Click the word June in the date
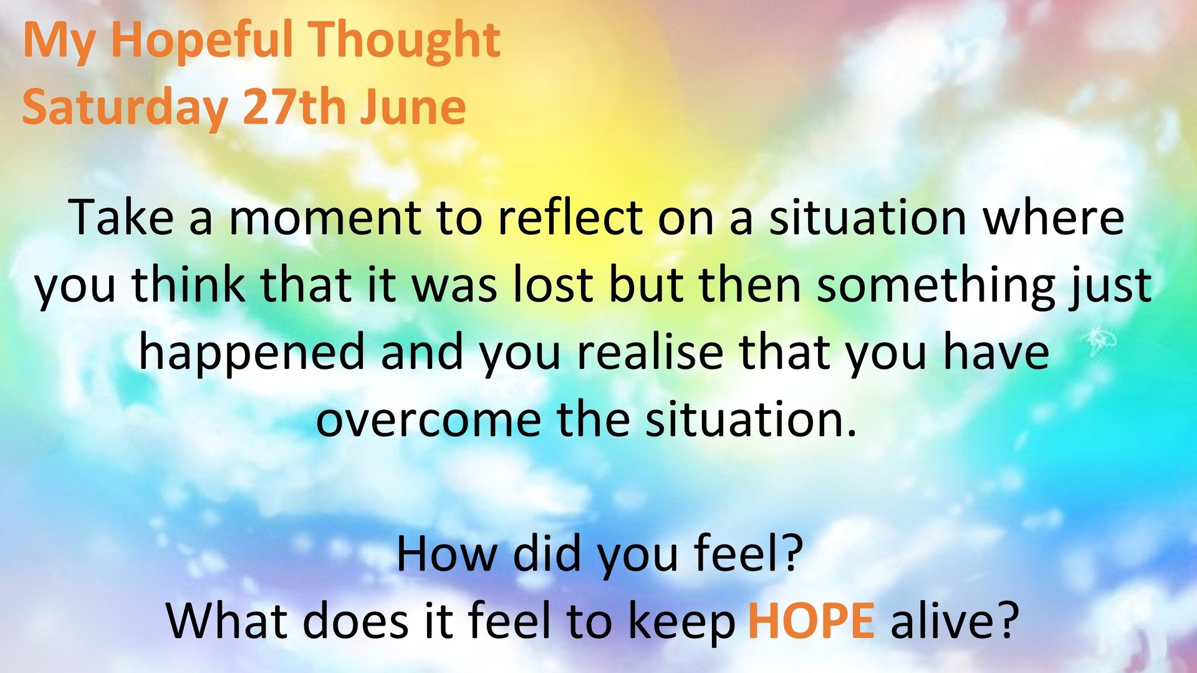[x=413, y=107]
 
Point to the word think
[x=189, y=284]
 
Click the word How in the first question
[x=447, y=553]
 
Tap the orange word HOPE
[x=811, y=621]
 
